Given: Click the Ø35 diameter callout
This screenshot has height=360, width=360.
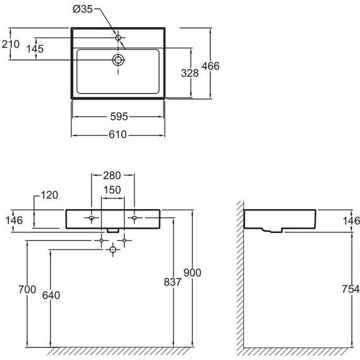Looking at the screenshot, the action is click(x=83, y=9).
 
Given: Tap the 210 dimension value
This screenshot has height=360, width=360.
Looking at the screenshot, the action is click(x=11, y=44).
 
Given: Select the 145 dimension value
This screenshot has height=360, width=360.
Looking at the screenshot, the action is click(x=35, y=49).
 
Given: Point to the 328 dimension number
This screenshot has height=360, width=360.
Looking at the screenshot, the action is click(x=189, y=73).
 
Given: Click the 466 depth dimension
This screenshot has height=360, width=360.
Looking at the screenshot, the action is click(x=210, y=66).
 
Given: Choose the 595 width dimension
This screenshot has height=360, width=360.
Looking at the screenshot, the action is click(x=119, y=117).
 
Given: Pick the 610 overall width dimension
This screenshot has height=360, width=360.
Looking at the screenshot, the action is click(x=117, y=135).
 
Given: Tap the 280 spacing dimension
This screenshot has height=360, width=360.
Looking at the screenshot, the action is click(x=112, y=176).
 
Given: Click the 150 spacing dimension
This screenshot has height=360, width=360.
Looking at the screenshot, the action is click(x=112, y=190).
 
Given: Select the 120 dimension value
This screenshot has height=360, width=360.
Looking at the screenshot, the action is click(x=49, y=195).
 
